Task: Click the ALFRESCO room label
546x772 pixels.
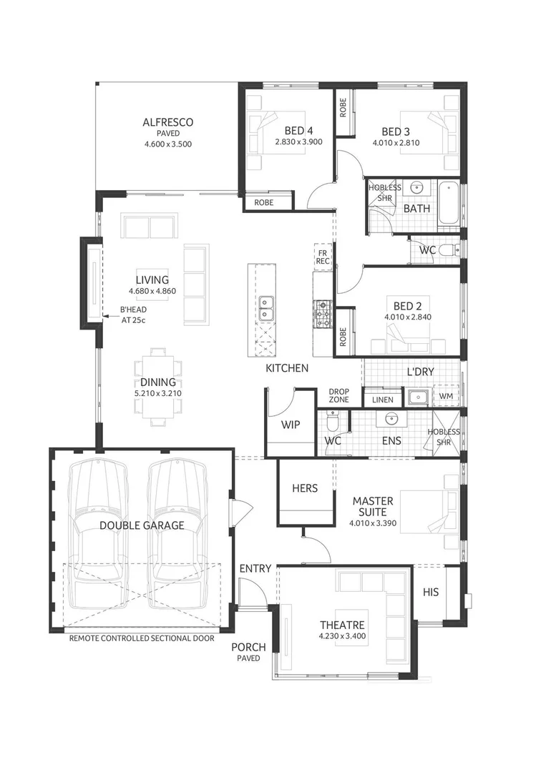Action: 167,122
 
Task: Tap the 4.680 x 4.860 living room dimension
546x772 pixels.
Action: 152,292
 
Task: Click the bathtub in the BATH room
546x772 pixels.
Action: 449,203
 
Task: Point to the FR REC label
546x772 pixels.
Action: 323,257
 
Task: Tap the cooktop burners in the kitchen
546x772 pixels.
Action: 322,313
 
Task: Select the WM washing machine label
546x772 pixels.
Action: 445,395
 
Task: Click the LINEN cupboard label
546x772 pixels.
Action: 382,400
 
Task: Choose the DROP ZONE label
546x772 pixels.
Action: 338,395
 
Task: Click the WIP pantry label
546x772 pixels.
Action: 291,424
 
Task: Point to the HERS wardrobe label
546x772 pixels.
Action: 305,488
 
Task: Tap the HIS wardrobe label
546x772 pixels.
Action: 431,593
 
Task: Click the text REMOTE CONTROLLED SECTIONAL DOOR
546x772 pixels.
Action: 142,639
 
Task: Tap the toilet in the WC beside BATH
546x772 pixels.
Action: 447,250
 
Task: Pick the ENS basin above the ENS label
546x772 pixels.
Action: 391,419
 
